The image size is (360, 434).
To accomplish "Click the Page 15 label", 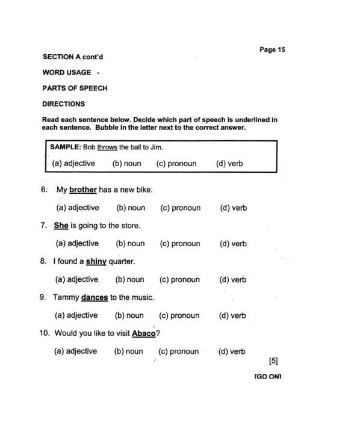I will [x=272, y=49].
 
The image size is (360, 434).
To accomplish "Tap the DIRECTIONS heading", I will [x=63, y=104].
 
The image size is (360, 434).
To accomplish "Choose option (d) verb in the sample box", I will [x=229, y=163].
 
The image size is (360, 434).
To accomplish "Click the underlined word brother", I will [x=83, y=190].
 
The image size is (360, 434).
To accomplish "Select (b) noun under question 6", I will [x=131, y=208].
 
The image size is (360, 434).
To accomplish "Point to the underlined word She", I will [x=61, y=226].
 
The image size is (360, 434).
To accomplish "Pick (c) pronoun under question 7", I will [x=180, y=244].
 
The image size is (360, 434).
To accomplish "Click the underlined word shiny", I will [x=96, y=262].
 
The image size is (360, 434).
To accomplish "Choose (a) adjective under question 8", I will [x=76, y=279].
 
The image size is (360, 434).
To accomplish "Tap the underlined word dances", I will [x=95, y=297].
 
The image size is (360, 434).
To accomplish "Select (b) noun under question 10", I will [x=128, y=352].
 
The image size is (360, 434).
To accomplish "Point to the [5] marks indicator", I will [x=273, y=361].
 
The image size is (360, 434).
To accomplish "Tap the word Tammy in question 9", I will [x=65, y=297].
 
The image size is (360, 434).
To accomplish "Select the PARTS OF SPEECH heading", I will [x=75, y=88].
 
